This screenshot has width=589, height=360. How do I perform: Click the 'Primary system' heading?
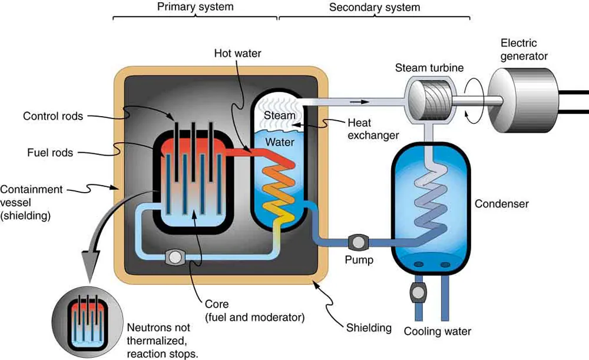195,8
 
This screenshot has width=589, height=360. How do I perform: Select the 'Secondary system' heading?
375,8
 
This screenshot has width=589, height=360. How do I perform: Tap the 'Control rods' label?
53,116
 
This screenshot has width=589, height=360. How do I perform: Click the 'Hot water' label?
237,54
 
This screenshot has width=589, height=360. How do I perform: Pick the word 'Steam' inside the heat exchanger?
280,115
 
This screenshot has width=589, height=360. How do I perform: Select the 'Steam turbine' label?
429,68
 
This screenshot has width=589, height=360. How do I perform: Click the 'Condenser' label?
502,204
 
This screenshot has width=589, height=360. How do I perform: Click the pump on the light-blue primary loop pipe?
174,256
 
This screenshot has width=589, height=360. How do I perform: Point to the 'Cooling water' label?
437,331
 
